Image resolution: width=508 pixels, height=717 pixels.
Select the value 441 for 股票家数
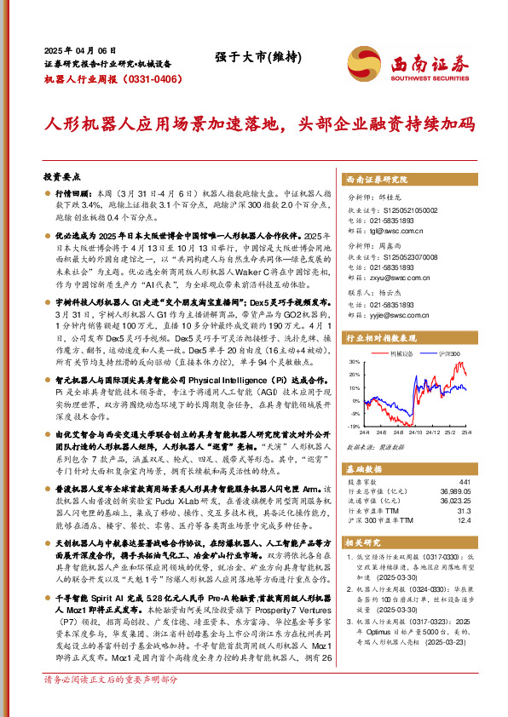point(465,481)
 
